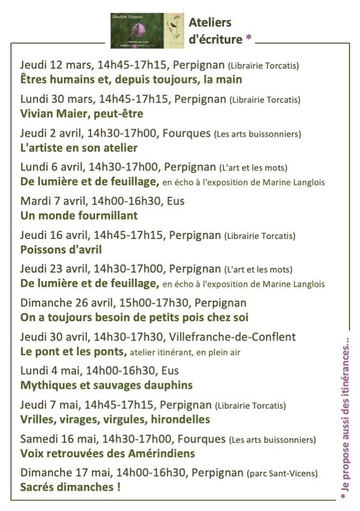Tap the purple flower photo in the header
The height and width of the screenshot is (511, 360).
pyautogui.click(x=137, y=30)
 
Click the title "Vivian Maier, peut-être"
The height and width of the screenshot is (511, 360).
pyautogui.click(x=82, y=114)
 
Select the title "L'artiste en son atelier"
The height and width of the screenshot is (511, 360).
pyautogui.click(x=79, y=148)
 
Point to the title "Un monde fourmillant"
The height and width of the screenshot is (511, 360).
pyautogui.click(x=79, y=216)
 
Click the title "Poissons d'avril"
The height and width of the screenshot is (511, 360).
pyautogui.click(x=61, y=250)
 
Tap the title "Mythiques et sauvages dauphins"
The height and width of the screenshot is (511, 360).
pyautogui.click(x=107, y=385)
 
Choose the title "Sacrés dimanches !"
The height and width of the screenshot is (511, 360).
pyautogui.click(x=71, y=487)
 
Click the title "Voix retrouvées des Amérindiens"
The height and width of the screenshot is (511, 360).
pyautogui.click(x=108, y=453)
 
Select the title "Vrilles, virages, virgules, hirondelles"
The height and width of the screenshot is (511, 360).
pyautogui.click(x=116, y=419)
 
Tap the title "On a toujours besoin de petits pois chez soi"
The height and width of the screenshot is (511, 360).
pyautogui.click(x=134, y=317)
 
